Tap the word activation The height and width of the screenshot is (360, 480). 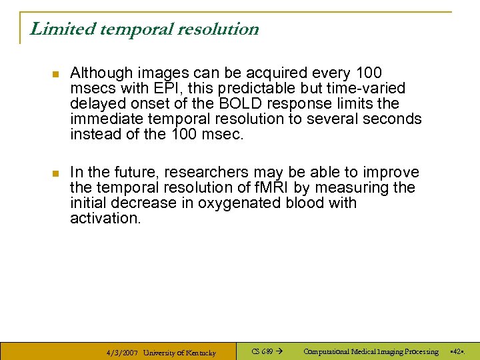point(105,218)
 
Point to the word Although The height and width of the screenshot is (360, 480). point(99,73)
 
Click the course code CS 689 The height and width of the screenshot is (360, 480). point(261,351)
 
